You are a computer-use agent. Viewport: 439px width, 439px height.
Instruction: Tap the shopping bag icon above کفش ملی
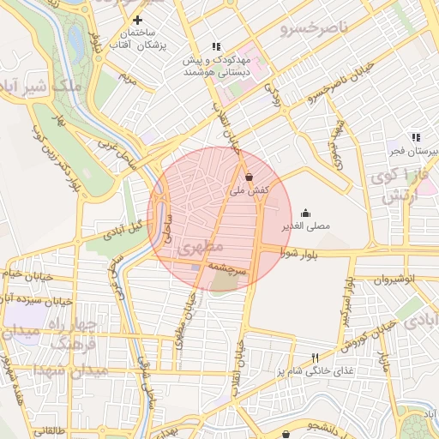[x=249, y=177]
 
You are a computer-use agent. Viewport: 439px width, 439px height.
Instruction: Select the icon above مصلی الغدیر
[x=305, y=213]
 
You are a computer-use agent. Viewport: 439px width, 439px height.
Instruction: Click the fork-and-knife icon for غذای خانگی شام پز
[x=316, y=358]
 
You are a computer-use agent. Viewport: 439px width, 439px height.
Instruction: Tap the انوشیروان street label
[x=398, y=280]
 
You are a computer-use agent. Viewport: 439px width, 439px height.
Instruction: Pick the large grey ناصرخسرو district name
[x=314, y=28]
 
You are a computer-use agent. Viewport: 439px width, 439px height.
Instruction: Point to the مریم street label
[x=128, y=81]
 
